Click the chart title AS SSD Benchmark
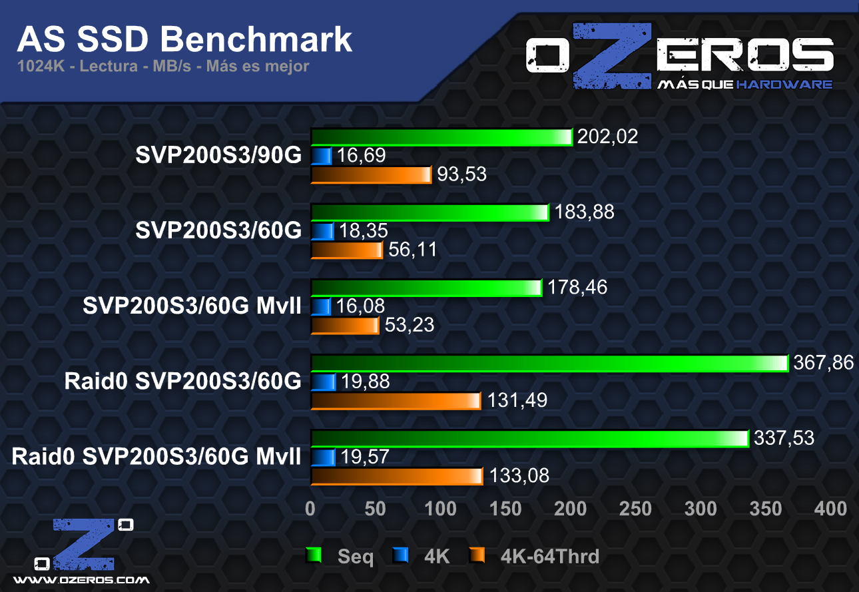[184, 40]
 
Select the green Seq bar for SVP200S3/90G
[441, 137]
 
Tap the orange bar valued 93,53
[371, 175]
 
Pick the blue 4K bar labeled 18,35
[322, 232]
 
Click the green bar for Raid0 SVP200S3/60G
[549, 364]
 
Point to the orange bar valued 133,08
[396, 476]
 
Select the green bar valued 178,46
[426, 288]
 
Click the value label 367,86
[823, 363]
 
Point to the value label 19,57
[364, 457]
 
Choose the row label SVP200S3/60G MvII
[192, 306]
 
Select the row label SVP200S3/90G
[218, 155]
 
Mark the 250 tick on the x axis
[635, 509]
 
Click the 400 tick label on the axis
[830, 509]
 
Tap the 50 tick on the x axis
[375, 509]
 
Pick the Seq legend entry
[355, 556]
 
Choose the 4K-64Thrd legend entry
[549, 556]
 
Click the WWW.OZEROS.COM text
[82, 579]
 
